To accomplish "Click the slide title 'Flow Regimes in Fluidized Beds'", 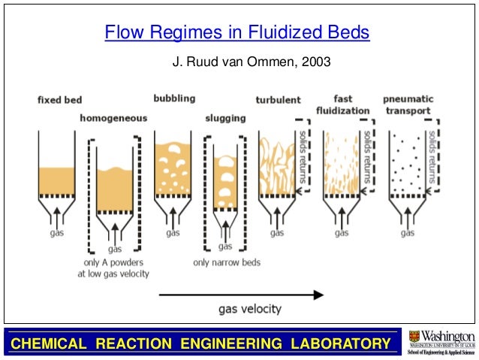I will (x=237, y=33).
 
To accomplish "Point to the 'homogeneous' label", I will (x=113, y=118).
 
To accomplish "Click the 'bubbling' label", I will (x=174, y=98).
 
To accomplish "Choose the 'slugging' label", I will (x=224, y=118).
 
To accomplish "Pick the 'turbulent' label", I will (x=278, y=100).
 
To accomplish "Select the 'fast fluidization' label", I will (x=342, y=104).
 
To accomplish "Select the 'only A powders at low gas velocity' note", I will (x=113, y=268).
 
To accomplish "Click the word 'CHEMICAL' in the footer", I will (x=43, y=344).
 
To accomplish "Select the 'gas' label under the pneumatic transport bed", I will (x=408, y=233).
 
